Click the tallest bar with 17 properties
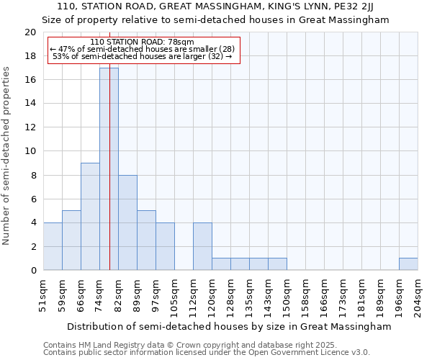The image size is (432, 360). [109, 169]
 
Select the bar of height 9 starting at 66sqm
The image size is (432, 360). [90, 216]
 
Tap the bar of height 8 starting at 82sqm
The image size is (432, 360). [127, 222]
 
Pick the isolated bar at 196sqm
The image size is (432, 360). [408, 264]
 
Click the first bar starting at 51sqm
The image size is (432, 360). [53, 246]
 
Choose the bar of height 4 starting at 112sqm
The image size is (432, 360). [202, 246]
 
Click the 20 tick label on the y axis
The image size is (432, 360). [30, 32]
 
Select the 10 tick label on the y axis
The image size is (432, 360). [30, 151]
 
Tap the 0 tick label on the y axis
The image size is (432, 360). [33, 270]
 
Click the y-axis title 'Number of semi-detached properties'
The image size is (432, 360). [6, 156]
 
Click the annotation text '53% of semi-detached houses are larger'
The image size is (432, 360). [142, 56]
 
